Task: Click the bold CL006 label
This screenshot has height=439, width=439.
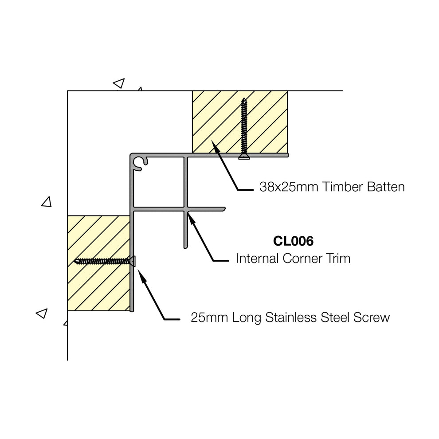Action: coord(293,241)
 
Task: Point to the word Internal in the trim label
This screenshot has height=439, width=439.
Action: coord(255,258)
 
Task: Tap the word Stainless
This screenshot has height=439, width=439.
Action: coord(289,317)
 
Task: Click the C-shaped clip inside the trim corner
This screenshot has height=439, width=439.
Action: coord(140,163)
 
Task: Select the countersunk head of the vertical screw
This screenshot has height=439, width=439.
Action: coord(243,156)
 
